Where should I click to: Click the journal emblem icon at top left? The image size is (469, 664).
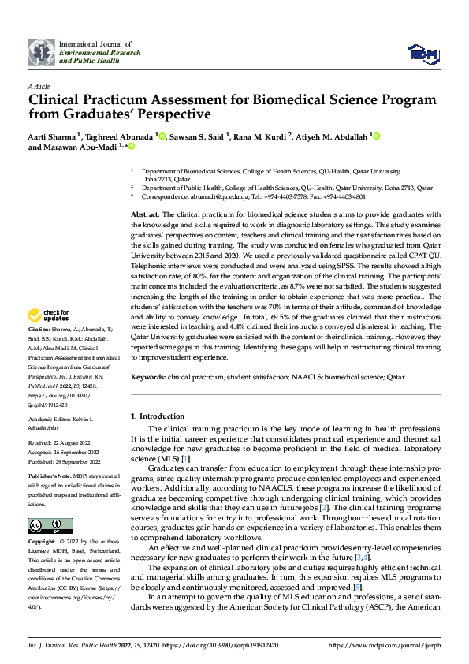(x=41, y=54)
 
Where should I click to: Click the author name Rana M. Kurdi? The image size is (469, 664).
(x=261, y=136)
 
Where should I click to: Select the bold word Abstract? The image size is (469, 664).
(x=144, y=215)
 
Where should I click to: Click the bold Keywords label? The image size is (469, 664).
(x=147, y=377)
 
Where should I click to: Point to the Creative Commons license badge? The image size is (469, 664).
(x=50, y=526)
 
